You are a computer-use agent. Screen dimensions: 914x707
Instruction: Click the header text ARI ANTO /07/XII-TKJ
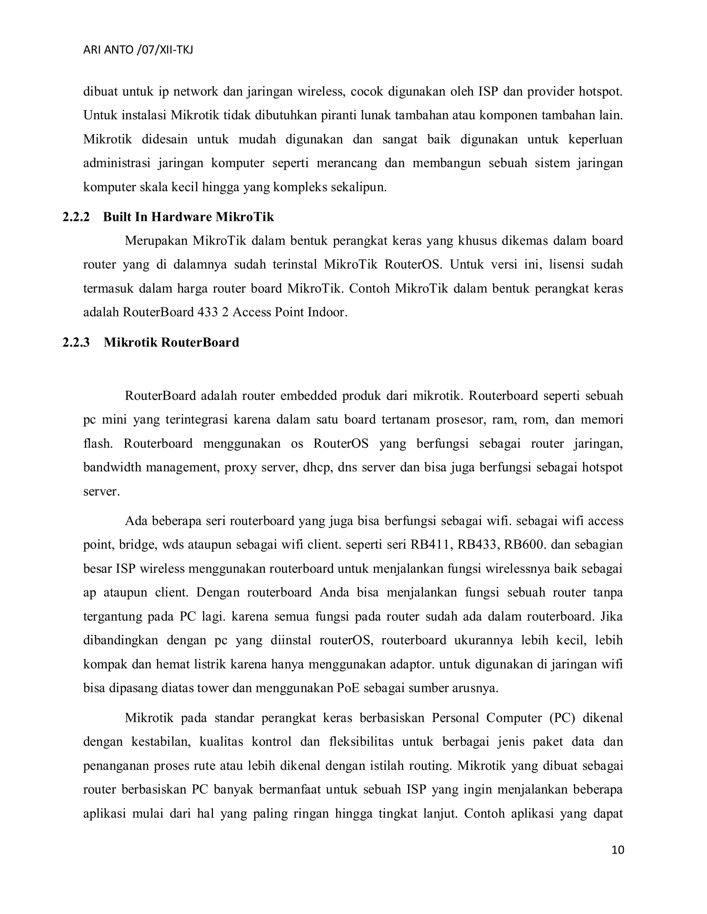(138, 50)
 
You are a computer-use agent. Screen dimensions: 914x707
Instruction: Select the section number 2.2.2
(76, 217)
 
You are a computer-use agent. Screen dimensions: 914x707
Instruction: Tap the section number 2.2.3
(76, 342)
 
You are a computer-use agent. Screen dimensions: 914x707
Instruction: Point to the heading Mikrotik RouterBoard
(171, 342)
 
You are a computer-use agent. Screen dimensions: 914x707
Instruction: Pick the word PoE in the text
(348, 688)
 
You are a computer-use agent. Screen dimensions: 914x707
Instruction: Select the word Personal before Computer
(455, 718)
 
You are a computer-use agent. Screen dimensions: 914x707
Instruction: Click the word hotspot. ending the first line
(601, 91)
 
